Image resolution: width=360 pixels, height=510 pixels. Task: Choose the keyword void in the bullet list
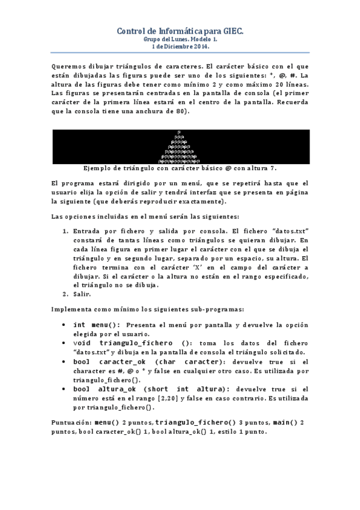coord(82,343)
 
